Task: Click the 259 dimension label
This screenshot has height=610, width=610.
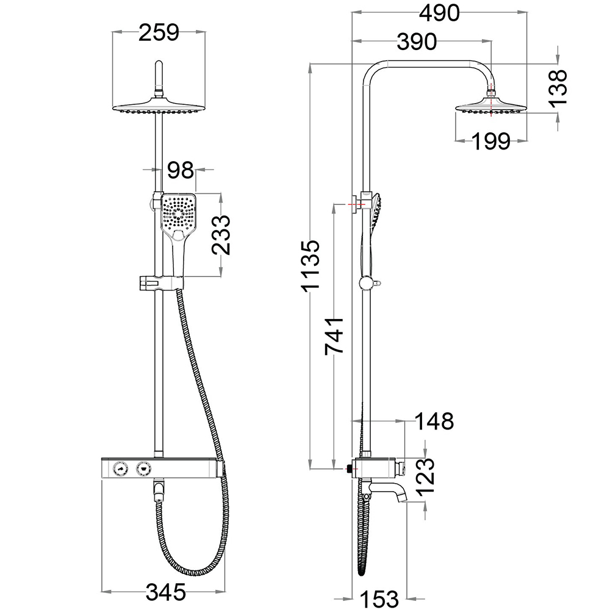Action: pos(159,32)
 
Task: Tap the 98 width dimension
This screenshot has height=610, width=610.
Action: pos(181,170)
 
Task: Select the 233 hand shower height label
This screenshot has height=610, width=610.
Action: pos(220,235)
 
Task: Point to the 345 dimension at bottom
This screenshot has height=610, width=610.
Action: pos(166,591)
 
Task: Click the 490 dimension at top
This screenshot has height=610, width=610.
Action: pos(439,13)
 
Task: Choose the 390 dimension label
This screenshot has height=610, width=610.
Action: pos(417,42)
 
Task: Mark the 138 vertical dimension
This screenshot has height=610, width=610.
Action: pos(558,88)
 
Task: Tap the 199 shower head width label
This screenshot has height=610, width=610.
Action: pos(491,141)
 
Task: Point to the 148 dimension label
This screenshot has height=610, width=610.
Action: pos(434,421)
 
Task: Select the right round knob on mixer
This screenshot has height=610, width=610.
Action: pos(144,468)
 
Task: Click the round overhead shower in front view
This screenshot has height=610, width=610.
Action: pos(159,107)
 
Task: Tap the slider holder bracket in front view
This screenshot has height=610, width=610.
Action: pos(159,282)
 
